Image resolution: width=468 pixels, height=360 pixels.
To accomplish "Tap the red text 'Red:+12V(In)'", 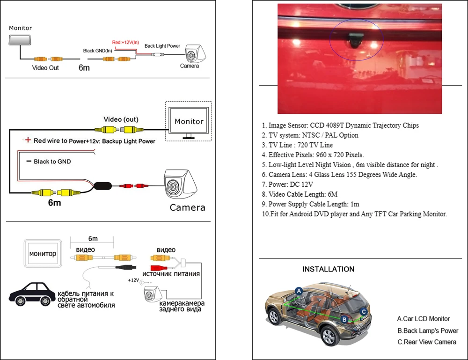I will pos(125,42).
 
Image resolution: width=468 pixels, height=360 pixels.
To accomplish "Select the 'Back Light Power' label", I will pos(162,46).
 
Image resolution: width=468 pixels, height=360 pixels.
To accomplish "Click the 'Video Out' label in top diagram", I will pos(45,68).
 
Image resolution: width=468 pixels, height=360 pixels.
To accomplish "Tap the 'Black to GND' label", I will pos(51,162).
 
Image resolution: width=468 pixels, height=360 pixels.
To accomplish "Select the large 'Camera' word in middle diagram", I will pos(187,207).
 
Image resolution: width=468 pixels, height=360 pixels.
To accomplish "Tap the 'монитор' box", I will pos(43,254).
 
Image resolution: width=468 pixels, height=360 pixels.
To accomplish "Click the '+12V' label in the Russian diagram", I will pos(133,280).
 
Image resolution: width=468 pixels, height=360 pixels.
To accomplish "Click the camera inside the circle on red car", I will pos(356,40).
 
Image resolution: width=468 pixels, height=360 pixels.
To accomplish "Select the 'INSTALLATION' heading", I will pos(328,269).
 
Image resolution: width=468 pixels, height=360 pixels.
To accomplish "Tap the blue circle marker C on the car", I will pos(363,311).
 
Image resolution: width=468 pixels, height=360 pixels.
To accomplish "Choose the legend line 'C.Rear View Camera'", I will pos(426,342).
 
